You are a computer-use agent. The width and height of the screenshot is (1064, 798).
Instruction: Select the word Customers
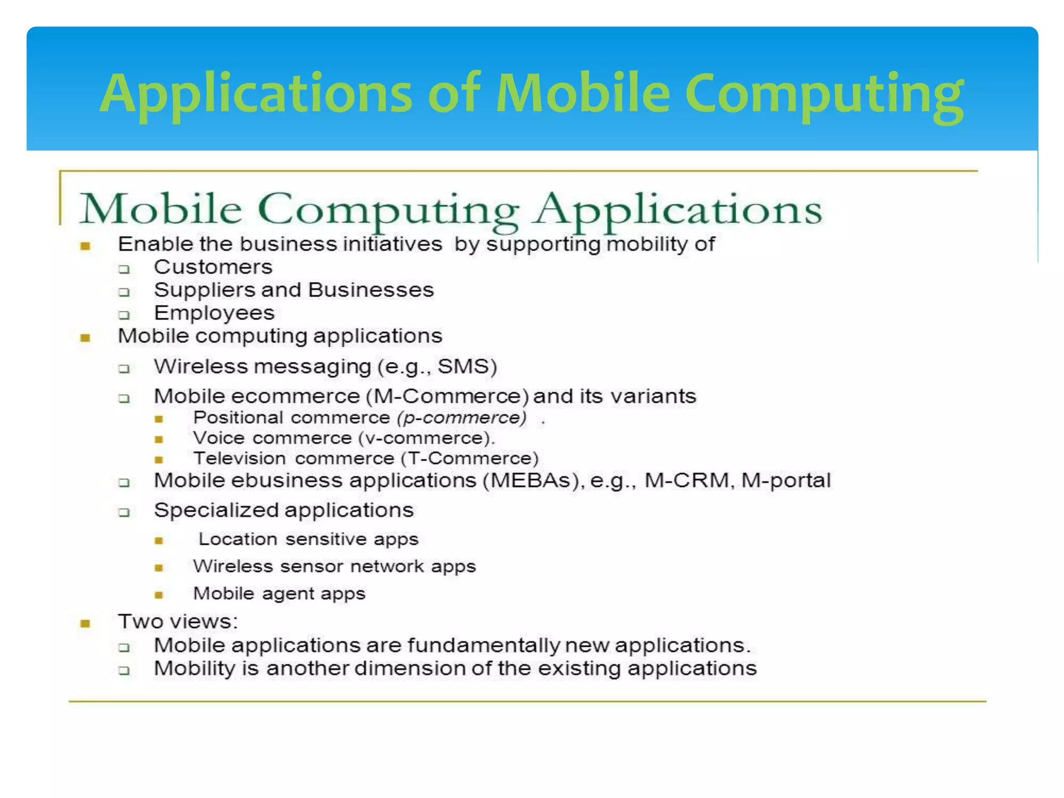[x=213, y=267]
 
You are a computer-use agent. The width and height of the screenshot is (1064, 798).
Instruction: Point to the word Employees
[x=214, y=313]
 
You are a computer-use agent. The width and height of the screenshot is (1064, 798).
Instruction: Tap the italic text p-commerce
[x=461, y=418]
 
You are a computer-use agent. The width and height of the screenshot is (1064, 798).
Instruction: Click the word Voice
[x=219, y=438]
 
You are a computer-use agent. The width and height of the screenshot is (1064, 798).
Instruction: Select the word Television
[x=240, y=458]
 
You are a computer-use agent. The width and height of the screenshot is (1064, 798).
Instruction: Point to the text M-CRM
[x=687, y=481]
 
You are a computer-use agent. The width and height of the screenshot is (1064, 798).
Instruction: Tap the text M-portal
[x=786, y=481]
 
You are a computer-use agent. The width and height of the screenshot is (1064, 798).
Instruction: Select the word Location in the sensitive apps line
[x=238, y=539]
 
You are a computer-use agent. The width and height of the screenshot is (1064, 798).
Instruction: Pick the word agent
[x=285, y=593]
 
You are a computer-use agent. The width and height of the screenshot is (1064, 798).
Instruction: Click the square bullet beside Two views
[x=86, y=623]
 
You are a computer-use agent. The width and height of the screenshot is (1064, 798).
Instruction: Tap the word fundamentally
[x=484, y=645]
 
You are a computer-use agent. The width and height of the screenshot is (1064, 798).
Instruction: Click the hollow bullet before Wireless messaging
[x=124, y=369]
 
